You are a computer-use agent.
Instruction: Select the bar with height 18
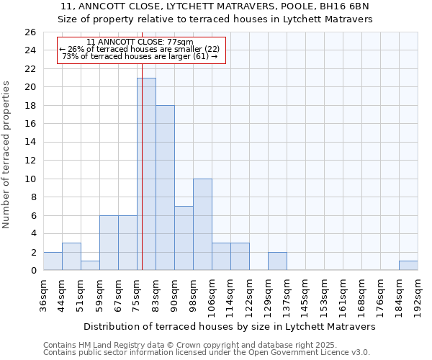[x=165, y=188]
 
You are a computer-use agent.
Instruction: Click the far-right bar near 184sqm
[x=408, y=266]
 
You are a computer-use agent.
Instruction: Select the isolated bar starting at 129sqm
[x=277, y=261]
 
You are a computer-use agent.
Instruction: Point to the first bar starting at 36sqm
[x=53, y=261]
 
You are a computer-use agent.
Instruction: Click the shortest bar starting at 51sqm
[x=90, y=266]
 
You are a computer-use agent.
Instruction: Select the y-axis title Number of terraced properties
[x=7, y=155]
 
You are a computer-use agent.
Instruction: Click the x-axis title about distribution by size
[x=229, y=326]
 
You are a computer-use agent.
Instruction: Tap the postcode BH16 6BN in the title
[x=348, y=7]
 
